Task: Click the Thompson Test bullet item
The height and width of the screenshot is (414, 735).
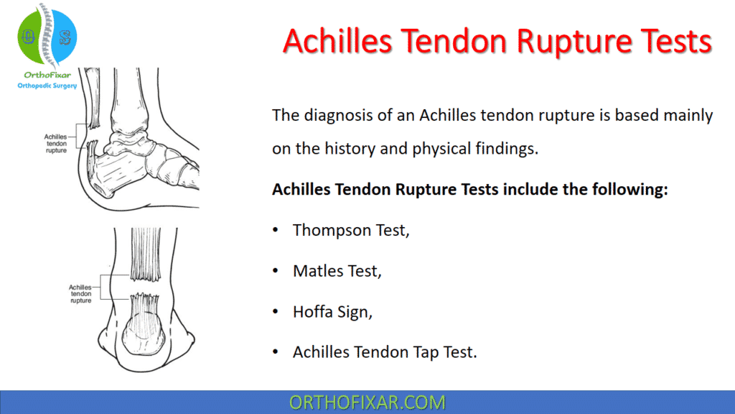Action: pyautogui.click(x=350, y=230)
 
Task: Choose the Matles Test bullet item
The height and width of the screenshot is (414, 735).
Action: pyautogui.click(x=337, y=271)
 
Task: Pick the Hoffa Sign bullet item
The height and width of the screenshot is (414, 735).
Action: pyautogui.click(x=334, y=312)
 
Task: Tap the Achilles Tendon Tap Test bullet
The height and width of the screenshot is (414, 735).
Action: pyautogui.click(x=385, y=352)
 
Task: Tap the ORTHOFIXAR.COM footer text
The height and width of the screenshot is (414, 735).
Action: pyautogui.click(x=367, y=402)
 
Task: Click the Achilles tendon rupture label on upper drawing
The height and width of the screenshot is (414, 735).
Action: pyautogui.click(x=55, y=143)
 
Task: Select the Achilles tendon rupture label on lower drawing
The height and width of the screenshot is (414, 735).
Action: pyautogui.click(x=80, y=293)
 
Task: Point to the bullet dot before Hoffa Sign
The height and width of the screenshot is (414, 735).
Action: pyautogui.click(x=276, y=312)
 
